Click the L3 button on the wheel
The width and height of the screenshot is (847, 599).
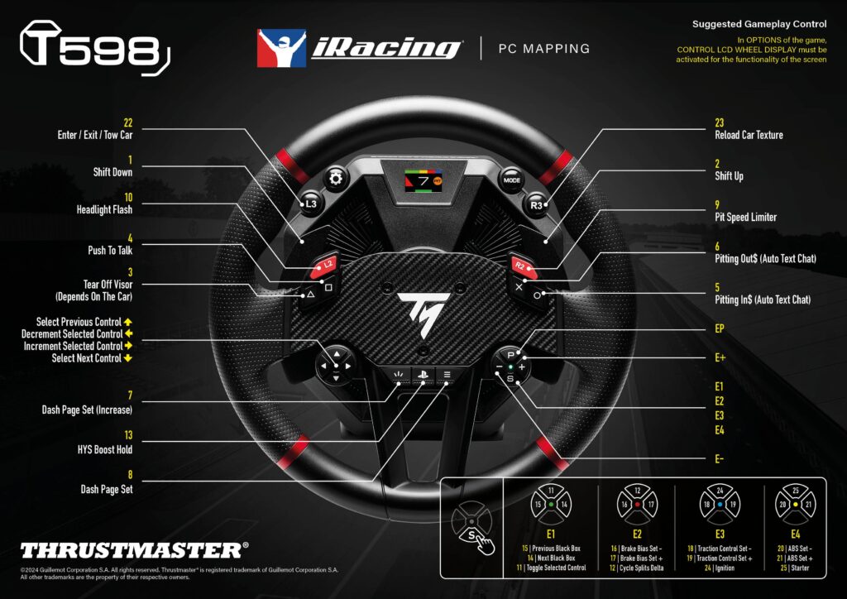click(x=311, y=203)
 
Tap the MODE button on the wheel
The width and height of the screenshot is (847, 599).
click(x=510, y=180)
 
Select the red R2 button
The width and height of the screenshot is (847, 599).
click(x=519, y=266)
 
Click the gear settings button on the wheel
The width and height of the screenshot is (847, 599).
click(x=337, y=180)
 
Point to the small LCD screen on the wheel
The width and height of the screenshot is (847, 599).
click(x=423, y=180)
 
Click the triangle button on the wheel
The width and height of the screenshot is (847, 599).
click(x=311, y=293)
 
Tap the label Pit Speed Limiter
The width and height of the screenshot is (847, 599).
click(x=745, y=218)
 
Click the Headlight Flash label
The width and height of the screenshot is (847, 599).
click(x=104, y=210)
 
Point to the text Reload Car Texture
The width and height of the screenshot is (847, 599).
click(x=749, y=135)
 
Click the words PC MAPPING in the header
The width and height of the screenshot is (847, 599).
click(x=543, y=49)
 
